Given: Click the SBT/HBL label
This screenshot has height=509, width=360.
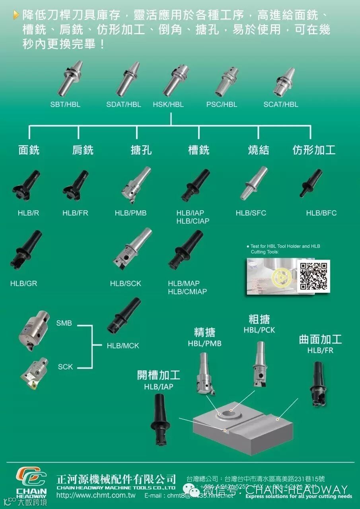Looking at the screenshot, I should click(65, 105).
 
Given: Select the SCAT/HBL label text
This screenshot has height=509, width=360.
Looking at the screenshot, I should click(281, 105).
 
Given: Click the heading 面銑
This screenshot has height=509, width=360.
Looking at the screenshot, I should click(29, 150).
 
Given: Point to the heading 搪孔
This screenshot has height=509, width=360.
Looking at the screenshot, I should click(141, 150).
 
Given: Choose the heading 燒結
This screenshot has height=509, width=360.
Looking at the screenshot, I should click(259, 150).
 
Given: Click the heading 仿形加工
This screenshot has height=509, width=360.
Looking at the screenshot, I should click(314, 150).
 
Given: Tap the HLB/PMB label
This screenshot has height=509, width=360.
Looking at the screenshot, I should click(130, 213).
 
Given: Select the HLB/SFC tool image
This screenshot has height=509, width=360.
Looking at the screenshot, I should click(253, 183).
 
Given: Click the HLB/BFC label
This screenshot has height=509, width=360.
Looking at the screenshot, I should click(321, 213).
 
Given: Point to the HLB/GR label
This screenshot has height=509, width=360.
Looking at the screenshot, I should click(23, 284).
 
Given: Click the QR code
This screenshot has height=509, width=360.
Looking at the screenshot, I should click(314, 276).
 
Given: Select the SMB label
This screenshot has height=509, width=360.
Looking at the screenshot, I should click(64, 323).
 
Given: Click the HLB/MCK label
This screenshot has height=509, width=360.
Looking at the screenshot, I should click(123, 346).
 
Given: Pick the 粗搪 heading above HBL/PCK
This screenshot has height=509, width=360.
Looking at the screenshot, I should click(259, 319).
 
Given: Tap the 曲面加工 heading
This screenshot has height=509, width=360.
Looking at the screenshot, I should click(320, 340).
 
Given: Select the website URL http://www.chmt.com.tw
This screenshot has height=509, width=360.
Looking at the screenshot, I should click(96, 496).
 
